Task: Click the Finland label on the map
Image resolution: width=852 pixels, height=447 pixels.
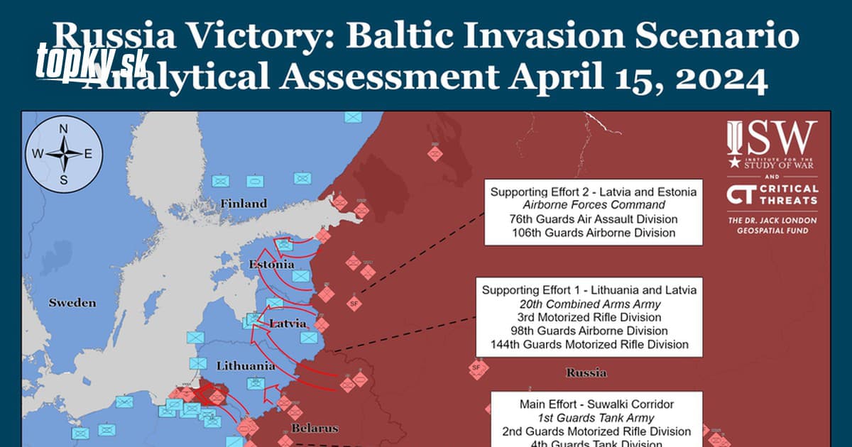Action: pyautogui.click(x=244, y=204)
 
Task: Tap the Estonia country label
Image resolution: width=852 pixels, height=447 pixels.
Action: pyautogui.click(x=271, y=265)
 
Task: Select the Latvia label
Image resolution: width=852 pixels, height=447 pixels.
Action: pyautogui.click(x=288, y=324)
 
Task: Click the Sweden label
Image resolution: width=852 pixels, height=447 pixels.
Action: pyautogui.click(x=72, y=303)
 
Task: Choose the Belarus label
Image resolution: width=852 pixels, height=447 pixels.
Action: pyautogui.click(x=315, y=429)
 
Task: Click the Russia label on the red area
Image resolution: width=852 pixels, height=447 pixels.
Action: pyautogui.click(x=586, y=372)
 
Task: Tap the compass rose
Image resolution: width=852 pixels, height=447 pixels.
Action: pyautogui.click(x=63, y=154)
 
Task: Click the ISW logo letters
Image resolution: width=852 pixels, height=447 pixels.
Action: pyautogui.click(x=772, y=138)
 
